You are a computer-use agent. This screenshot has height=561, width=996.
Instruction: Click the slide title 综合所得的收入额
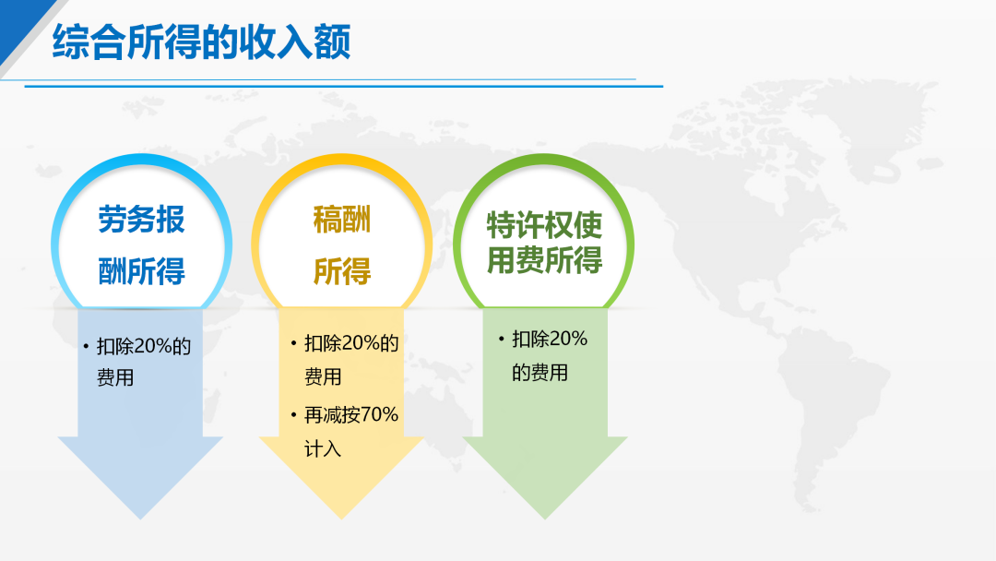(x=201, y=42)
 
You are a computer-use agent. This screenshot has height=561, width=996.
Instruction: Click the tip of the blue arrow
(x=141, y=519)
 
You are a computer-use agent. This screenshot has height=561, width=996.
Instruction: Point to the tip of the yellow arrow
(x=342, y=519)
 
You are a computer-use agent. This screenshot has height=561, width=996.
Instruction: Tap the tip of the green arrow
(x=544, y=519)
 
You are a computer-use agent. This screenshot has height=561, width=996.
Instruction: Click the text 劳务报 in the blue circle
(x=142, y=220)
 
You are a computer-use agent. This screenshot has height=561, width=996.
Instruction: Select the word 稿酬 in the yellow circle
(x=342, y=220)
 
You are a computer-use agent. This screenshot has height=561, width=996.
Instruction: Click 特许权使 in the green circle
(x=544, y=225)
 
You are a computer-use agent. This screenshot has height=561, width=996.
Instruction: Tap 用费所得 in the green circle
(x=544, y=260)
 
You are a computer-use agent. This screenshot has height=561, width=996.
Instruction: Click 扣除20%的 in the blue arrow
(x=144, y=346)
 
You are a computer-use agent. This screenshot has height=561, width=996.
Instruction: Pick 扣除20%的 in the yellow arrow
(x=351, y=344)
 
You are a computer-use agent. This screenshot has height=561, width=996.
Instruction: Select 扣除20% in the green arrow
(x=550, y=340)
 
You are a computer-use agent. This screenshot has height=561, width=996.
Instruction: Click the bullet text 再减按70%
(x=351, y=415)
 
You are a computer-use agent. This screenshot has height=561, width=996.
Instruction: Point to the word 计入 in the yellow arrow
(x=323, y=449)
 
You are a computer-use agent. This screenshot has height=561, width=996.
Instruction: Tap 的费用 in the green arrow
(x=539, y=372)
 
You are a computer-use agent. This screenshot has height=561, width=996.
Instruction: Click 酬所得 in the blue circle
(x=142, y=271)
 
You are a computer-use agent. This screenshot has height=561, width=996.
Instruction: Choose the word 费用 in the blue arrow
(x=115, y=378)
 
